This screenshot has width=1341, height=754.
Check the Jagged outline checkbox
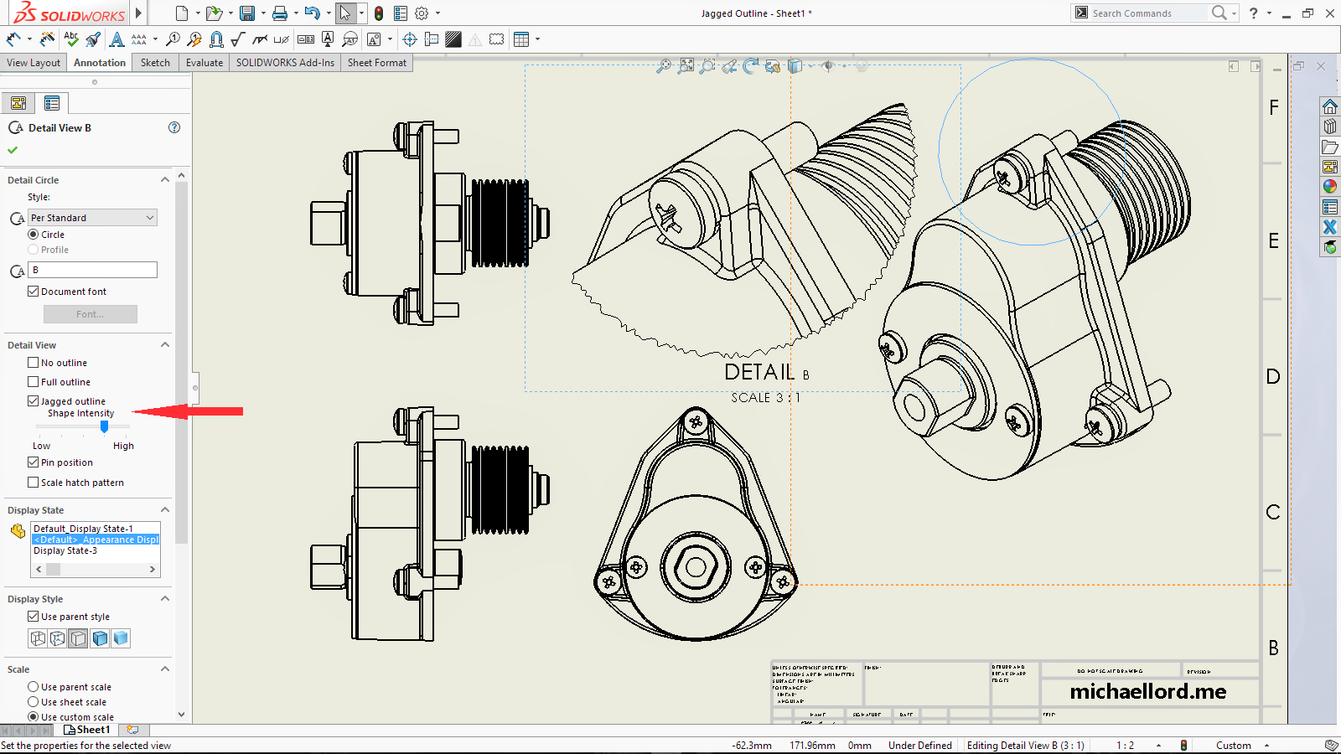point(34,401)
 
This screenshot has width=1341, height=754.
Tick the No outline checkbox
point(34,363)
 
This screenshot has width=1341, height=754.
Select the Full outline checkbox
point(34,382)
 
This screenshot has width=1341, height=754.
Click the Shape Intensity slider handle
point(104,426)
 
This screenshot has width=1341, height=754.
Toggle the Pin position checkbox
point(34,462)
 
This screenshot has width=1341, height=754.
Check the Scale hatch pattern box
point(34,483)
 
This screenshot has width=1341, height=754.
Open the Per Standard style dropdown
point(93,218)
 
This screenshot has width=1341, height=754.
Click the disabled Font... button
point(91,314)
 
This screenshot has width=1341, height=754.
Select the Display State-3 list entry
point(65,550)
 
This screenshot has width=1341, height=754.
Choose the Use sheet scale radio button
point(34,702)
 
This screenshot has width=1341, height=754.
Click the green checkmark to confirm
point(13,150)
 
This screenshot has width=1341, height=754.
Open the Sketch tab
point(155,63)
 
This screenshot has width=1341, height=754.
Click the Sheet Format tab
point(376,63)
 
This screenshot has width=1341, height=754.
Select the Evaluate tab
point(205,63)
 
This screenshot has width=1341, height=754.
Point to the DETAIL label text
point(759,372)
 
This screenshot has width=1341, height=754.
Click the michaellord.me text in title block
point(1147,691)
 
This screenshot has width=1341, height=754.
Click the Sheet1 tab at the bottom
point(92,730)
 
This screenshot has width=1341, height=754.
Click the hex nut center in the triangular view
point(696,567)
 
